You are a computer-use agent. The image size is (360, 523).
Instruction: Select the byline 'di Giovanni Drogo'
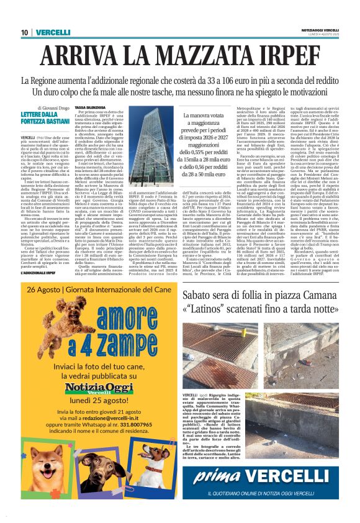coord(53,108)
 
